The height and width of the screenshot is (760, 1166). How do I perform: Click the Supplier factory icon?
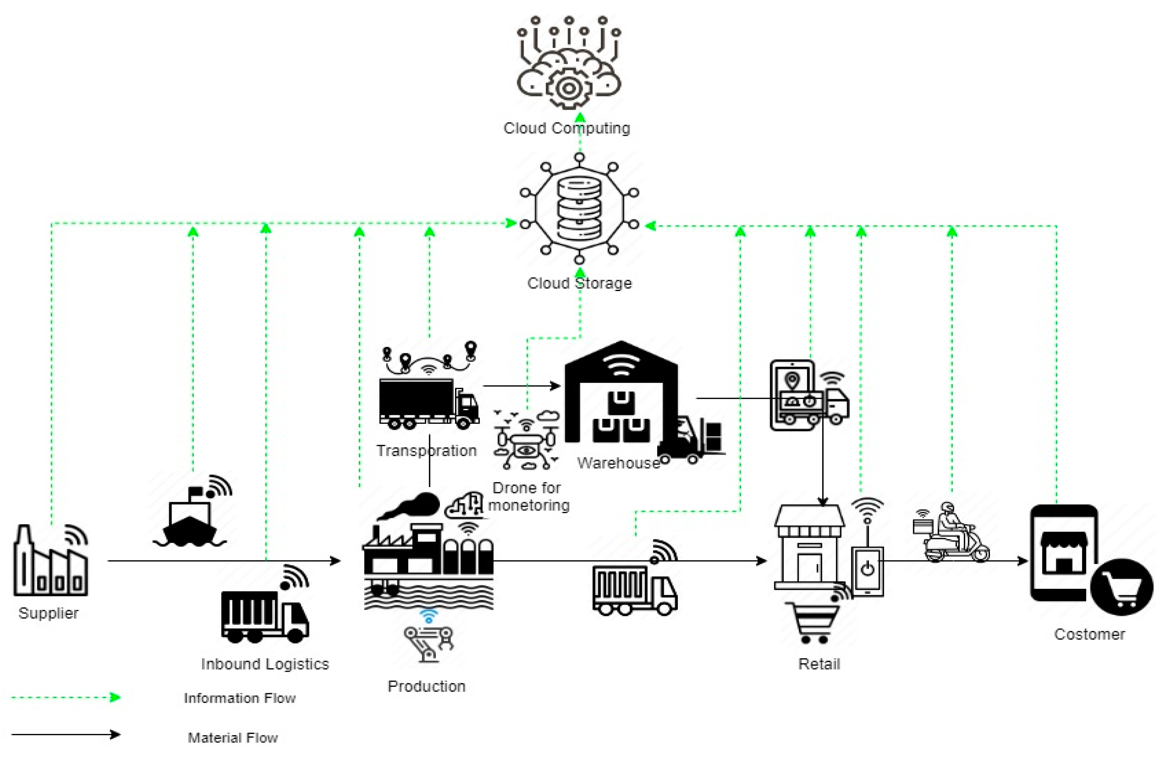click(x=51, y=561)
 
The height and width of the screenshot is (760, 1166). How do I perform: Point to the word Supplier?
click(x=49, y=613)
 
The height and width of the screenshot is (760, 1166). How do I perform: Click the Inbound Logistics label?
click(x=265, y=664)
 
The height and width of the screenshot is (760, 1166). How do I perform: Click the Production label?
click(x=426, y=686)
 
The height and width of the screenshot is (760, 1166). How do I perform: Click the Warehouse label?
click(x=618, y=463)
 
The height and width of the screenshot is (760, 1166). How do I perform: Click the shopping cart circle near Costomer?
click(x=1122, y=587)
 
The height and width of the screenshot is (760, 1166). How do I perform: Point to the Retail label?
click(x=819, y=664)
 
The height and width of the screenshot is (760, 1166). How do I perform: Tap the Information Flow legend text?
click(x=239, y=698)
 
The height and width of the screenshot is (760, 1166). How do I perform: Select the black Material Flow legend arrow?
click(x=66, y=734)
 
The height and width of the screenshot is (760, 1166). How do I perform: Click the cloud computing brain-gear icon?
click(x=569, y=64)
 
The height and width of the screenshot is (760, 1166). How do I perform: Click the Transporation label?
click(x=426, y=451)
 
